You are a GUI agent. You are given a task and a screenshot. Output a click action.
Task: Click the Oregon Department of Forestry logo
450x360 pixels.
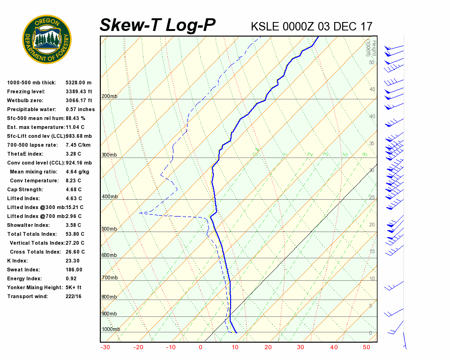47,39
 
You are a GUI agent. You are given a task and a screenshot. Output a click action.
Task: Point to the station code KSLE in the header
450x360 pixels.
265,26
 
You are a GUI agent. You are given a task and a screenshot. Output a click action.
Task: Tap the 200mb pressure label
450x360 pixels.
109,97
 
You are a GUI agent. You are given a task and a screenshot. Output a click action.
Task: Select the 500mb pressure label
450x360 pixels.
109,229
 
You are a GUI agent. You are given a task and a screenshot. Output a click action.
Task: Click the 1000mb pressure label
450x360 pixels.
111,330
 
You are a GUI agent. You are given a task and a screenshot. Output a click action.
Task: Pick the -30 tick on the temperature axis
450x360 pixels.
105,347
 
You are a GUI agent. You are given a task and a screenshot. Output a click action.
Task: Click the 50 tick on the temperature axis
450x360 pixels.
367,347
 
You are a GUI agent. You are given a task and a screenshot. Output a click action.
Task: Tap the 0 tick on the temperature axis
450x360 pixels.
201,347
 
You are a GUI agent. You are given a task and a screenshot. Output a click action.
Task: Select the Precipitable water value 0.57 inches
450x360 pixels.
80,110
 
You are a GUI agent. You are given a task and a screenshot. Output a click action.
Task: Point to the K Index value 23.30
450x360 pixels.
73,261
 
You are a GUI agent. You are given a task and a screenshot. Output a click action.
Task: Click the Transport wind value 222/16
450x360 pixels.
74,297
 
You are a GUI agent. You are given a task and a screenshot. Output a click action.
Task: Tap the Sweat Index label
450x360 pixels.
23,270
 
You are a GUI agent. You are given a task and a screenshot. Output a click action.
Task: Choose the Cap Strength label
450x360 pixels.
25,190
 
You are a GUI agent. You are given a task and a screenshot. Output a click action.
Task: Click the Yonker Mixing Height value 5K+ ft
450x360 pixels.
74,288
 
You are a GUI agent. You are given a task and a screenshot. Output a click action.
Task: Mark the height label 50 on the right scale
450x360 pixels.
372,62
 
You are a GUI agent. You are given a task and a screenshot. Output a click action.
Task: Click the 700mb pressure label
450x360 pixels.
109,278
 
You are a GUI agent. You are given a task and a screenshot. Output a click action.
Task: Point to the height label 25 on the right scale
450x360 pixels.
372,198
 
